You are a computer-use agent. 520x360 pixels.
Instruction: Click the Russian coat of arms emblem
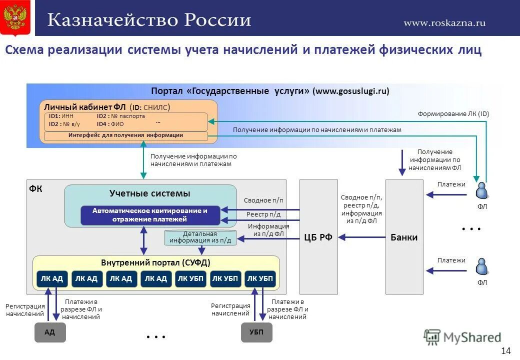(15, 18)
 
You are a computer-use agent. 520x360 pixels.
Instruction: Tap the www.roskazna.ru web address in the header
(444, 22)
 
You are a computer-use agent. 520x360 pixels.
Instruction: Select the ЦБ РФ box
(318, 237)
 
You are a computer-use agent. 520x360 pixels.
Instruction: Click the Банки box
(404, 237)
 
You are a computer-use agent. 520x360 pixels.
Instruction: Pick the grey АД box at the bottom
(50, 332)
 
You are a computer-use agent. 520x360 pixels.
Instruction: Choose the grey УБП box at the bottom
(256, 332)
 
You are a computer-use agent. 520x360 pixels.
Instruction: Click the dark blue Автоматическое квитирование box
(150, 215)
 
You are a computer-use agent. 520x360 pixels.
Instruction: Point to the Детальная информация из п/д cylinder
(200, 237)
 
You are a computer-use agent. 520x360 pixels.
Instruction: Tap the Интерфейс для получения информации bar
(125, 135)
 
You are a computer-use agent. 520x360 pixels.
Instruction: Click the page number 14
(506, 350)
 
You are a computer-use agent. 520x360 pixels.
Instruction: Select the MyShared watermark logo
(462, 337)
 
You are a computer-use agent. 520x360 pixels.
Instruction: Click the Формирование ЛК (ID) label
(453, 114)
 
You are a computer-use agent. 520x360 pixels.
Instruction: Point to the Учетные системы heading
(150, 193)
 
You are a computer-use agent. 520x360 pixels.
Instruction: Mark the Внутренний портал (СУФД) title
(155, 262)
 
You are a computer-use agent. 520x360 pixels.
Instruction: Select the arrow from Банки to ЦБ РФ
(362, 237)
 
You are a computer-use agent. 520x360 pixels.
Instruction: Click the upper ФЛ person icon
(482, 191)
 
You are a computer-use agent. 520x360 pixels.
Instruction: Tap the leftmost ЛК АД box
(52, 279)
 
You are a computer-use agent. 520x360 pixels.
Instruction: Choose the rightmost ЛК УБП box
(260, 279)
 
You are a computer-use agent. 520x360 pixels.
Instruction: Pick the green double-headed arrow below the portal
(143, 160)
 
